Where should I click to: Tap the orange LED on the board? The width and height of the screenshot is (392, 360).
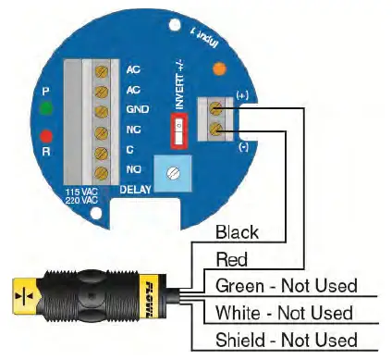pyautogui.click(x=218, y=68)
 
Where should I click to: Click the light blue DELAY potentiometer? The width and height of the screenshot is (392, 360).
pyautogui.click(x=173, y=172)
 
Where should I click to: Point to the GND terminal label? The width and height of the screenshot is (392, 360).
pyautogui.click(x=133, y=109)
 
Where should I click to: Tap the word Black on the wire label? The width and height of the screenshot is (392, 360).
pyautogui.click(x=237, y=231)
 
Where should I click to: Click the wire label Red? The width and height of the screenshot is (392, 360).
pyautogui.click(x=230, y=258)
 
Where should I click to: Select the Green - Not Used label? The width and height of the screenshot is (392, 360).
pyautogui.click(x=285, y=285)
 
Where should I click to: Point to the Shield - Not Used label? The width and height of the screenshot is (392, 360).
pyautogui.click(x=285, y=340)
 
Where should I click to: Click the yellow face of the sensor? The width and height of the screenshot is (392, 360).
pyautogui.click(x=20, y=294)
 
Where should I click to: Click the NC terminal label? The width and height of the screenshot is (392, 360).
pyautogui.click(x=132, y=130)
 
